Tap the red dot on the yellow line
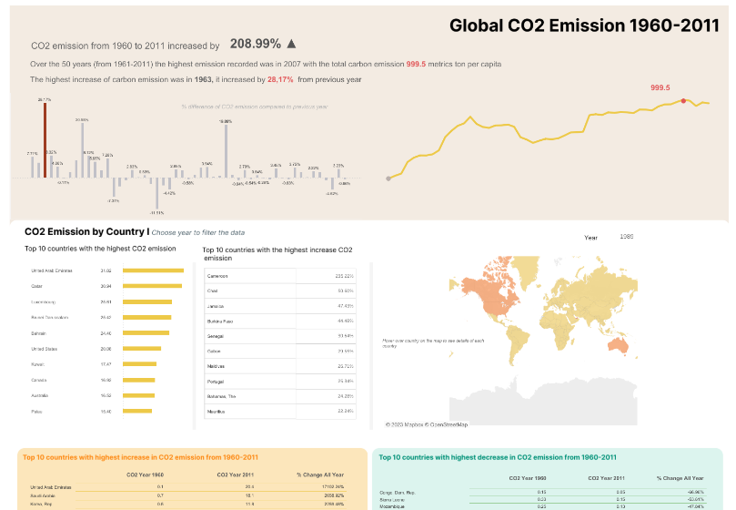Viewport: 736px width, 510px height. click(x=683, y=101)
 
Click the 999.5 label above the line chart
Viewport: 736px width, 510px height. click(x=660, y=88)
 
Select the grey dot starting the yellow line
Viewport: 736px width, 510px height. click(x=388, y=178)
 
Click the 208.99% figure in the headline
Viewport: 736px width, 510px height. click(x=256, y=44)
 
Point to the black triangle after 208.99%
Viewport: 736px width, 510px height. click(x=291, y=44)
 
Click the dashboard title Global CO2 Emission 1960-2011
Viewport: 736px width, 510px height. click(x=584, y=25)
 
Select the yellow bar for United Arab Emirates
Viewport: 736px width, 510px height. click(x=153, y=270)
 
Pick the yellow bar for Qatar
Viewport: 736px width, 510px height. click(x=152, y=286)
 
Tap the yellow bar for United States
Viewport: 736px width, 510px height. click(x=142, y=348)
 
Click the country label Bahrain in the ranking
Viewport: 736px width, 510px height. click(x=40, y=332)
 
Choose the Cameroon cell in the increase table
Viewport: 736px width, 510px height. click(x=218, y=276)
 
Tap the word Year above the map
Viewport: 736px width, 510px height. click(x=591, y=237)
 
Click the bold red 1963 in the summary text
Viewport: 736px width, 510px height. click(x=204, y=80)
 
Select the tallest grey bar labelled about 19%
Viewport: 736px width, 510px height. click(x=226, y=150)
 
